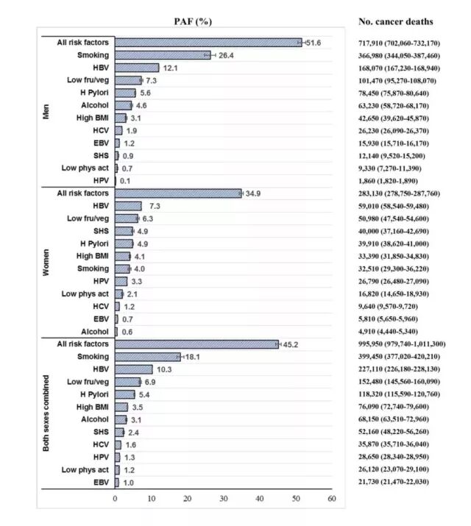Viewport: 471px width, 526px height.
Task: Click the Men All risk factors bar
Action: coord(208,43)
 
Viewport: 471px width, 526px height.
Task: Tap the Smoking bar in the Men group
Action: coord(162,55)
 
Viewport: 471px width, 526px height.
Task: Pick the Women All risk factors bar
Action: coord(177,193)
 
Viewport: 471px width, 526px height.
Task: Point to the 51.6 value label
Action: coord(314,43)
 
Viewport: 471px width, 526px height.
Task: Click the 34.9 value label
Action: coord(254,193)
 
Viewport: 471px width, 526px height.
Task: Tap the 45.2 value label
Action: coord(291,344)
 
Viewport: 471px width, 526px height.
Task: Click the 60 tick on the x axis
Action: coord(332,500)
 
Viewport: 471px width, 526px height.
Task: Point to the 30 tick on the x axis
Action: coord(224,500)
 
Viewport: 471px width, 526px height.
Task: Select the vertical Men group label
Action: coord(47,111)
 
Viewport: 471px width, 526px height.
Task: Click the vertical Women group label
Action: coord(47,262)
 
